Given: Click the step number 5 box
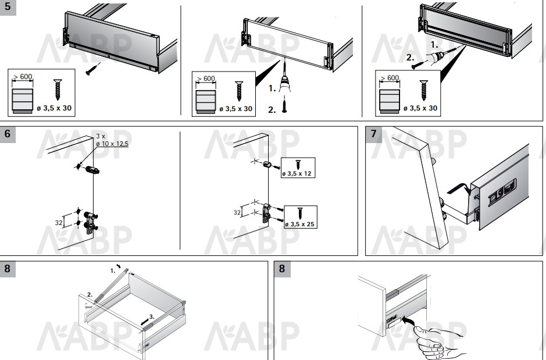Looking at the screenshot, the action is point(8,8).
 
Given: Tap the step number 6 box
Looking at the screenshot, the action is point(8,134).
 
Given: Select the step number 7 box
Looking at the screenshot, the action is point(373,134).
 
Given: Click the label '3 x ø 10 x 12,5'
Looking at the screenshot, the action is point(112,140).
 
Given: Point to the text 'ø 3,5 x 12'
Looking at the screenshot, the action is point(297,173).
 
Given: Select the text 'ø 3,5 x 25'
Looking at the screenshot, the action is point(299,224).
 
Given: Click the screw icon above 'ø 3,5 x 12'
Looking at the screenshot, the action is point(298,165).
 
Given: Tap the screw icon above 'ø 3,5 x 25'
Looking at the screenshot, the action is point(300,213).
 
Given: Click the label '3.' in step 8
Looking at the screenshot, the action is point(152,317).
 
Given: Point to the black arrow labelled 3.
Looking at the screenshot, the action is point(145,322).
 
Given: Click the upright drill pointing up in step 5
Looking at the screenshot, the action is point(285,79).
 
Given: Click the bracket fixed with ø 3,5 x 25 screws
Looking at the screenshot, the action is point(266,213).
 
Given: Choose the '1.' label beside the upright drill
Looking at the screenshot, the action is point(272,89).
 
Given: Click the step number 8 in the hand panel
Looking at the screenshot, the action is point(281,269).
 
